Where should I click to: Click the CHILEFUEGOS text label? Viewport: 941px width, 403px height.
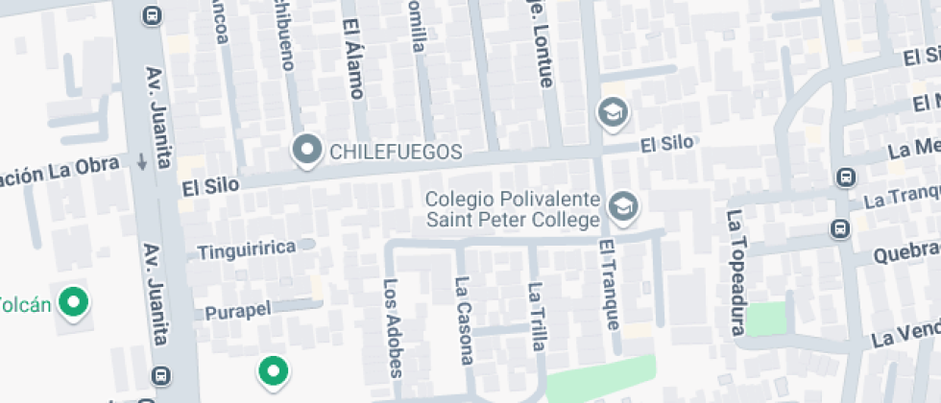pyautogui.click(x=396, y=152)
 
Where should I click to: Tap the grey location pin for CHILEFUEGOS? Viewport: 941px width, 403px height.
pyautogui.click(x=307, y=150)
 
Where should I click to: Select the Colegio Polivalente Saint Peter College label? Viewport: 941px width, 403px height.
pyautogui.click(x=514, y=210)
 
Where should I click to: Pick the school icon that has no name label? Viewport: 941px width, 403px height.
pyautogui.click(x=612, y=113)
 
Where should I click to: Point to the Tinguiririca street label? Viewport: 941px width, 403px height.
pyautogui.click(x=247, y=250)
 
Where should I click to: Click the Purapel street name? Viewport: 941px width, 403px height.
pyautogui.click(x=238, y=310)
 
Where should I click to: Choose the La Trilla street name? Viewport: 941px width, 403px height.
pyautogui.click(x=536, y=314)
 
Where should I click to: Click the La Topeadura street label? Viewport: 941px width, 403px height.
pyautogui.click(x=736, y=273)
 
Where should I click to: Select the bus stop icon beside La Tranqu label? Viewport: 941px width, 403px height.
pyautogui.click(x=839, y=229)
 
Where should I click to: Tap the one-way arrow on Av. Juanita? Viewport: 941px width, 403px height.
pyautogui.click(x=143, y=162)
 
